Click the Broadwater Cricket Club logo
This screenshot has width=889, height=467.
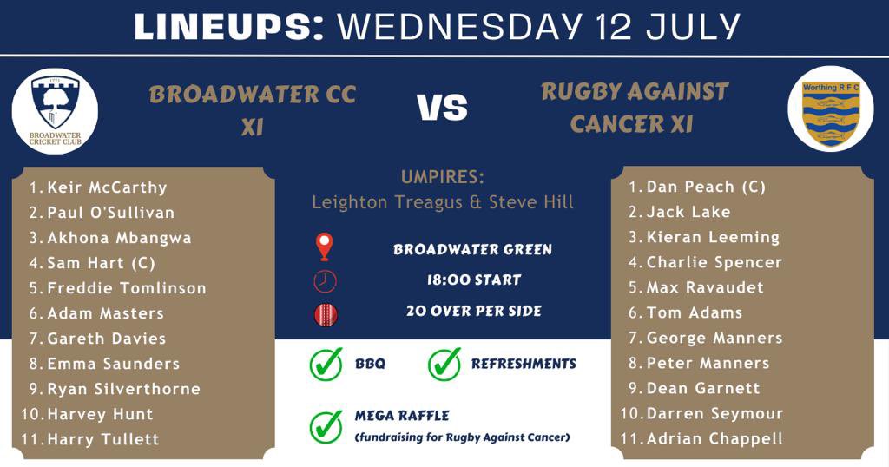coord(55,111)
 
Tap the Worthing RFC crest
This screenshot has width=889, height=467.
coord(829,109)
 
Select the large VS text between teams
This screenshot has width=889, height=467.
coord(443,109)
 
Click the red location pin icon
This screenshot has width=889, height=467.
coord(325,247)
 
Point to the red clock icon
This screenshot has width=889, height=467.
coord(325,280)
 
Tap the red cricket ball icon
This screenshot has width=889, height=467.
coord(325,313)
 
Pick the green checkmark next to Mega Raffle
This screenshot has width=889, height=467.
coord(326,426)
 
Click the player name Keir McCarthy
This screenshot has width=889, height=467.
coord(107,187)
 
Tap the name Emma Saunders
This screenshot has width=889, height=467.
coord(113,364)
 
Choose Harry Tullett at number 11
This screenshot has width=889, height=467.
coord(103,439)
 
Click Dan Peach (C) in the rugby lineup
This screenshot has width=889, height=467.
coord(706,187)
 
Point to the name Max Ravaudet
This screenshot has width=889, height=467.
coord(705,287)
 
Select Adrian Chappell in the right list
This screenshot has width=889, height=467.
coord(714,438)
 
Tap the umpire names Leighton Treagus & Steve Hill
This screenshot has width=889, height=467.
coord(443,202)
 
